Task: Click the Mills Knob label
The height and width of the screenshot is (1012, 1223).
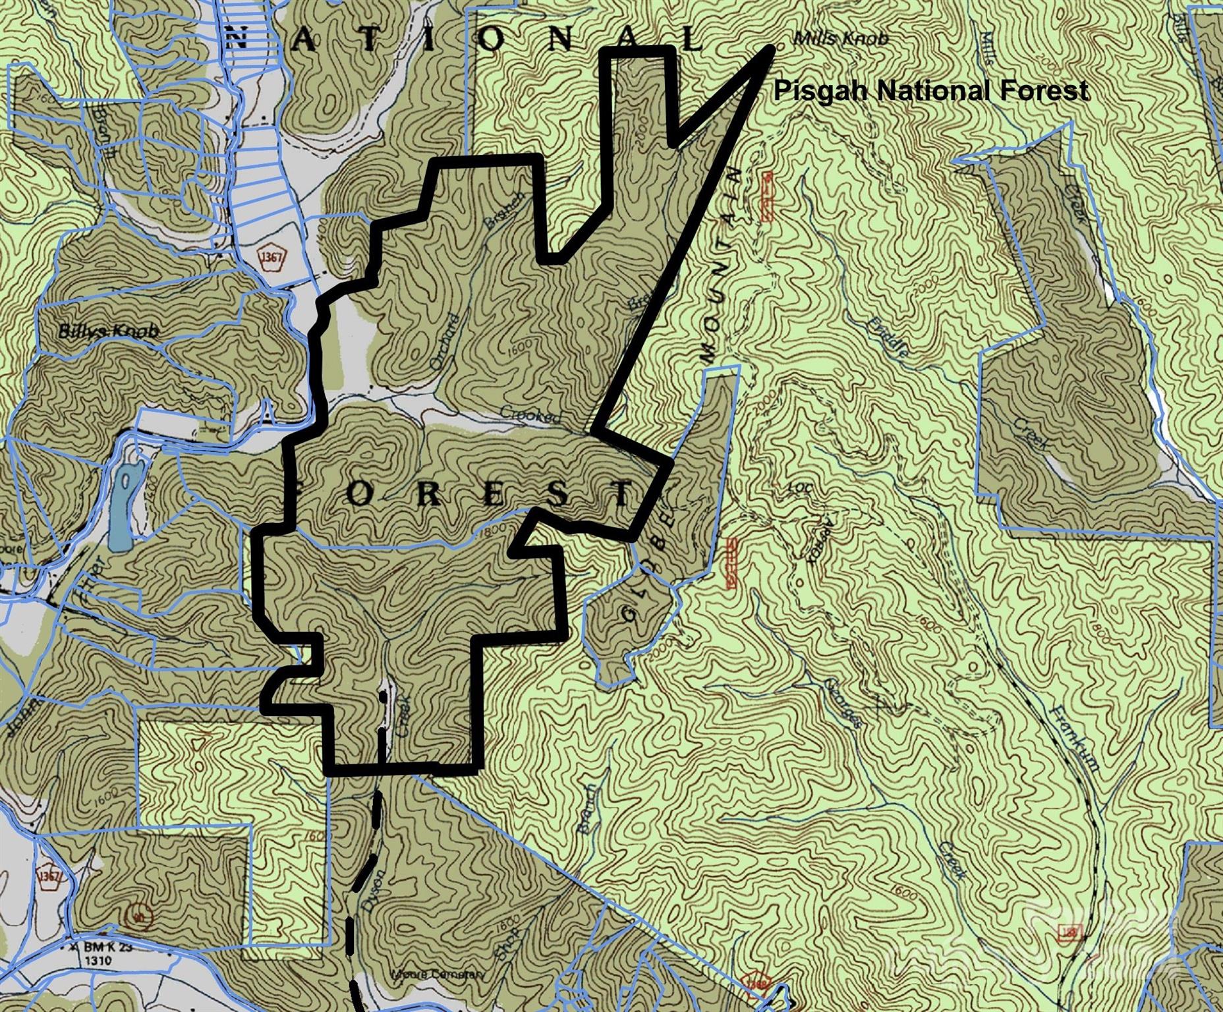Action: point(841,38)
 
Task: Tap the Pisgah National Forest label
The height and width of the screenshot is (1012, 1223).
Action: point(930,90)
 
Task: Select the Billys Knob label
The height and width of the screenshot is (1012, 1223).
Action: point(108,331)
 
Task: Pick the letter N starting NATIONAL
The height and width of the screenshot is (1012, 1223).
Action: point(237,41)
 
